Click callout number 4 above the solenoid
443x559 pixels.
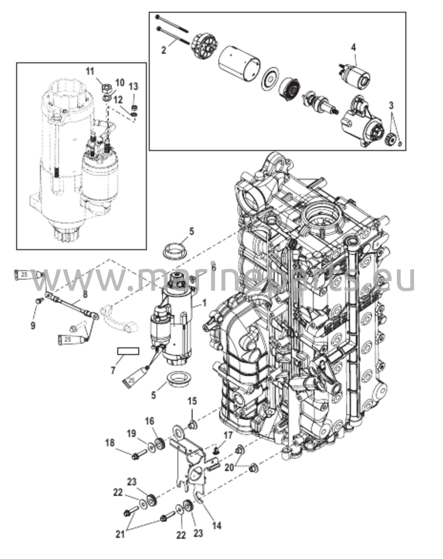(x=353, y=48)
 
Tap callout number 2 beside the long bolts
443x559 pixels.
(x=164, y=50)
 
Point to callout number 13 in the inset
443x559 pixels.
(x=134, y=87)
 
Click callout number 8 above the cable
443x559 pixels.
(x=85, y=294)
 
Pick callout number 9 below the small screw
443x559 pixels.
(x=33, y=325)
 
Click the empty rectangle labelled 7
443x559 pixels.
(x=128, y=351)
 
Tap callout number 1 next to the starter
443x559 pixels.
(x=204, y=303)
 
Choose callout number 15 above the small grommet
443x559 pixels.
(x=192, y=401)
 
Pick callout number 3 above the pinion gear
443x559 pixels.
(x=391, y=105)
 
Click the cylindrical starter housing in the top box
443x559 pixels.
(x=239, y=64)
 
